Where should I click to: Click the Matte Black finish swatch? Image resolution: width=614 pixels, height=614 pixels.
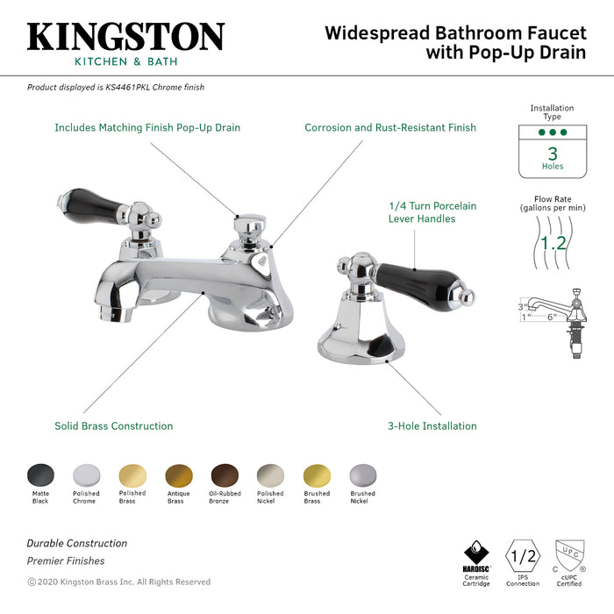coord(40,475)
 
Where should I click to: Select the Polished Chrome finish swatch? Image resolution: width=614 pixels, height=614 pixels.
coord(86,475)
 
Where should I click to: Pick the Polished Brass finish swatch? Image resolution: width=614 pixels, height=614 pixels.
coord(132,475)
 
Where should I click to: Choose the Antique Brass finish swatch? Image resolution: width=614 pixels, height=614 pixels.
coord(178,475)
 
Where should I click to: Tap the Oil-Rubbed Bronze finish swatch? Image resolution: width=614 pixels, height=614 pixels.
coord(224,475)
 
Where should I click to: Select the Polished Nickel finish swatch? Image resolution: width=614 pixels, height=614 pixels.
coord(270,475)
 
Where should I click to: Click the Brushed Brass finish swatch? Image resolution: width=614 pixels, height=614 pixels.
coord(317,475)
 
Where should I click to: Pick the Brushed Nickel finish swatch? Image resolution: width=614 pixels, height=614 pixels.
coord(362,475)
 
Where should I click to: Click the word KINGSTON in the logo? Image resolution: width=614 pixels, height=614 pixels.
coord(125,37)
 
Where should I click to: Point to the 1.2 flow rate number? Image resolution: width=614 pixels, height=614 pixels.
coord(553,243)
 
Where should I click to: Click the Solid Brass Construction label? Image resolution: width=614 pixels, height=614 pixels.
coord(114,426)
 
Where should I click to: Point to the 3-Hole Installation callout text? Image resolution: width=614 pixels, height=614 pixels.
coord(432,426)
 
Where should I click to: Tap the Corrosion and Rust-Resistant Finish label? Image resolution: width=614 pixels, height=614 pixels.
coord(390,128)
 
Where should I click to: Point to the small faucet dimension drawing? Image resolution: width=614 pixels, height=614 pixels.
coord(553,316)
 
